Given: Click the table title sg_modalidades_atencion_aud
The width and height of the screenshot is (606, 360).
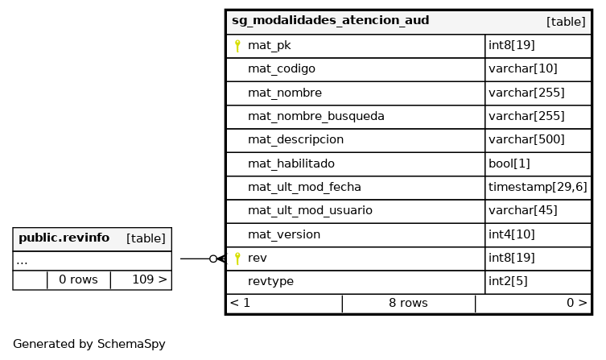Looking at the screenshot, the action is [331, 20].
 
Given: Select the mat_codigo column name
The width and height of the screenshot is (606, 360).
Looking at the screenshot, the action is [282, 68].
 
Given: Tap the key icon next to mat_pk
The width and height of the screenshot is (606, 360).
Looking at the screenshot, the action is [237, 46].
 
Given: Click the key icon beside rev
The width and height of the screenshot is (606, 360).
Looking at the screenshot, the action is [237, 259].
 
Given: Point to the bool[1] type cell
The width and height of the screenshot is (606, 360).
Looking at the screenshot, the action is [509, 163].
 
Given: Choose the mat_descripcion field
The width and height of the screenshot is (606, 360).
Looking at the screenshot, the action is [295, 139].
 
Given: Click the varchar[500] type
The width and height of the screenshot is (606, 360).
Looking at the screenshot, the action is [526, 139].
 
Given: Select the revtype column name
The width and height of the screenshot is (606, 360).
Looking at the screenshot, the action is [270, 282].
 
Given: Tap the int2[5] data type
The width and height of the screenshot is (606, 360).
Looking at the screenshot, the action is [508, 281].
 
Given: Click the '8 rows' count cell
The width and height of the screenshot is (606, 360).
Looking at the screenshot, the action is [409, 303].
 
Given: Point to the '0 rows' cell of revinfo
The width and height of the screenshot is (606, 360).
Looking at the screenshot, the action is [78, 279].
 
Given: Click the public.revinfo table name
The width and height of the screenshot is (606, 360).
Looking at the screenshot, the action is [64, 238].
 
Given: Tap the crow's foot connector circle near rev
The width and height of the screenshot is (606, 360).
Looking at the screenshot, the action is [213, 259].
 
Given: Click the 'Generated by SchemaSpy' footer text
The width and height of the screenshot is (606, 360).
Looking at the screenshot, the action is [89, 344].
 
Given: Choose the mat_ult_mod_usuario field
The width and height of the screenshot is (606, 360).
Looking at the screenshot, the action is [310, 211].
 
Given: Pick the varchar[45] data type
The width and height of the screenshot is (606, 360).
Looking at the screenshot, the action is [523, 210].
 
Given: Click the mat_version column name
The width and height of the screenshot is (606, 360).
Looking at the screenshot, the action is [284, 234].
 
